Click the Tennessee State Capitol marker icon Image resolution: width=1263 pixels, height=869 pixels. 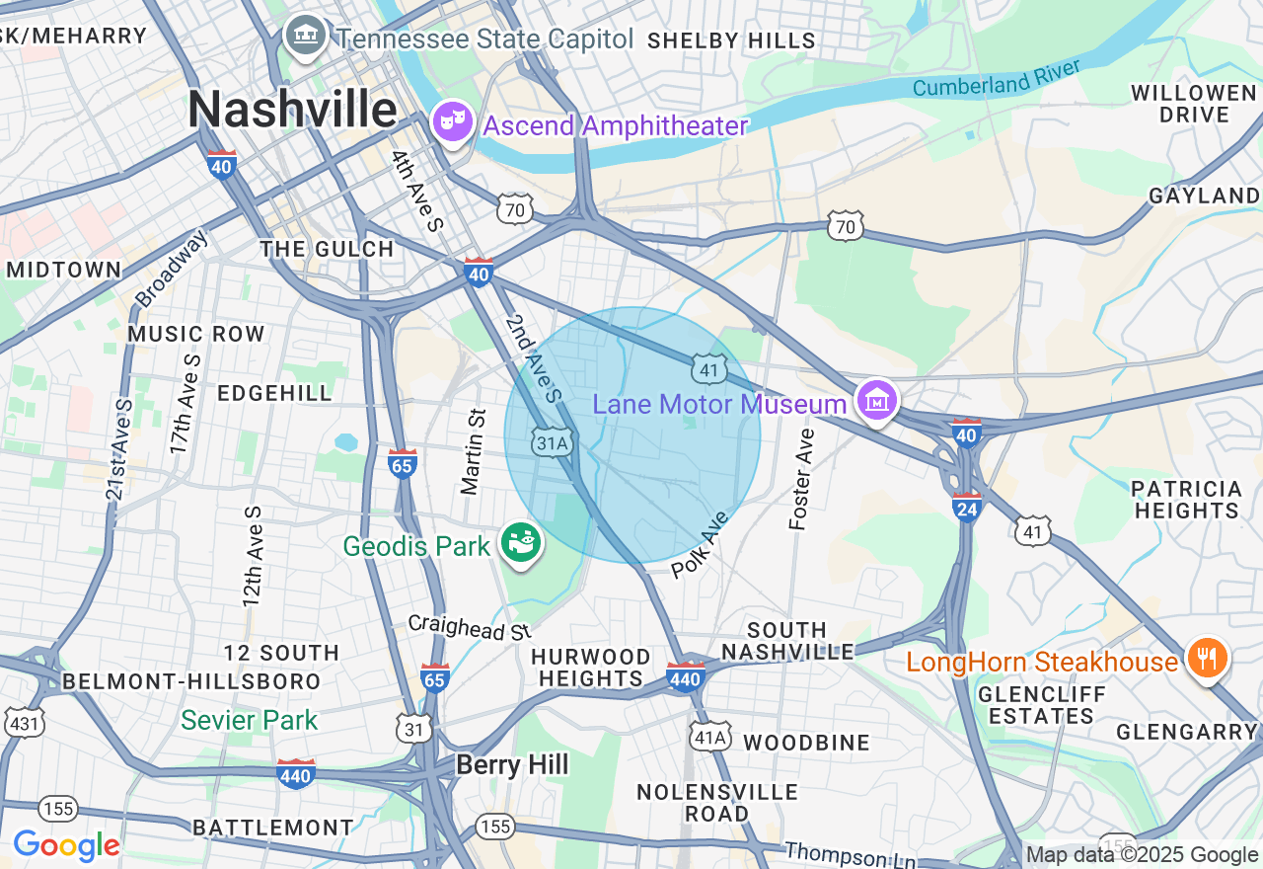[x=306, y=36]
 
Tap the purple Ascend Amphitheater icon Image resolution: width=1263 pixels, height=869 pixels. [x=453, y=122]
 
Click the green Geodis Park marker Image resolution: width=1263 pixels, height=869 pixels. [x=521, y=542]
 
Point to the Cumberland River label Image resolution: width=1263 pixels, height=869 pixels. [x=997, y=78]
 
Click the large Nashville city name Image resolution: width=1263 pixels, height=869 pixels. [x=293, y=109]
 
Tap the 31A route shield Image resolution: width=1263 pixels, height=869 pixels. [x=553, y=443]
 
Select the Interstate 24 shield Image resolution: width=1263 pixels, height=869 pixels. [x=966, y=507]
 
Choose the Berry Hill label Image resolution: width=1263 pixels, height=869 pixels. [x=512, y=764]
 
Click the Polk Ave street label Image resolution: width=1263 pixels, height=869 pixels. [x=700, y=545]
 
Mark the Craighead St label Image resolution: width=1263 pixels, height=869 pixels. [x=470, y=626]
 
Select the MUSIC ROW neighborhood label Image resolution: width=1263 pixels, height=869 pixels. [x=196, y=334]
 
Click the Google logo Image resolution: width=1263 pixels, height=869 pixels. [x=66, y=845]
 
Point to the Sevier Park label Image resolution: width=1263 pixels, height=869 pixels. [x=250, y=720]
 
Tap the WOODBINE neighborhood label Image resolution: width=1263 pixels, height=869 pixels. [x=806, y=743]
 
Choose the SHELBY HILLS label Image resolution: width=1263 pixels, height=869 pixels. [x=731, y=40]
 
